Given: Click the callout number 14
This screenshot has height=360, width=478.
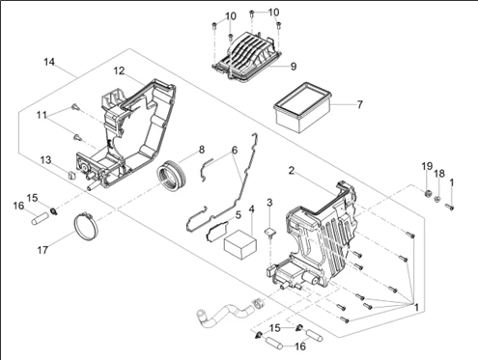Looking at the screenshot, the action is [x=49, y=62].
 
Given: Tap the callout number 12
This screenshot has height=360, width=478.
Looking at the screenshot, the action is [x=119, y=70].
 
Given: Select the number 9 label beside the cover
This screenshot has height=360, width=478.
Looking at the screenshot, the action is [x=294, y=67].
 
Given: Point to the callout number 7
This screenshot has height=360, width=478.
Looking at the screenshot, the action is [x=359, y=104].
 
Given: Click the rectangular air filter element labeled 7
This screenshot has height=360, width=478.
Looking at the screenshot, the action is [x=302, y=107].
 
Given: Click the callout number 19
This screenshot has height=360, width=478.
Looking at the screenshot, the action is [x=427, y=166].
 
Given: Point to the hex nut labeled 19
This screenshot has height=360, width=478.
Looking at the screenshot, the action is [x=428, y=194].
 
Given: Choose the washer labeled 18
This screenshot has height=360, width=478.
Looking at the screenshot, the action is [x=437, y=200].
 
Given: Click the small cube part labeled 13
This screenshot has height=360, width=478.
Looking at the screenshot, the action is [x=71, y=175].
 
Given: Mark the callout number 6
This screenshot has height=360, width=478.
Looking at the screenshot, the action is [x=235, y=150].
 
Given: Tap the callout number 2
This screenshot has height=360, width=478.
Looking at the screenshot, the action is [x=292, y=171].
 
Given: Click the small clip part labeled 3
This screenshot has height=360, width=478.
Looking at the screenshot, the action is [x=269, y=232].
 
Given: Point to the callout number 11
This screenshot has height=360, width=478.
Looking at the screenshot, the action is [x=42, y=115].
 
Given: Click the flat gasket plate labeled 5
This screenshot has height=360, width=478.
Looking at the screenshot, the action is [x=217, y=230].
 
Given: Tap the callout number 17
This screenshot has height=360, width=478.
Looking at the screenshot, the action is [x=42, y=250].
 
